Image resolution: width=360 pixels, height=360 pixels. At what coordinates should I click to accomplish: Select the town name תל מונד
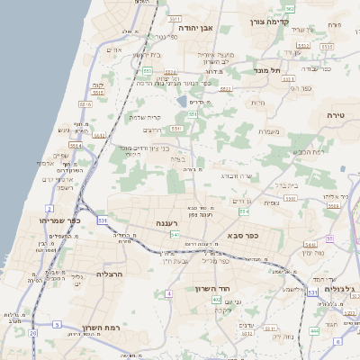(x=266, y=70)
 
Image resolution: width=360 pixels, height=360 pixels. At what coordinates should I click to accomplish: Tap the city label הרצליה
(x=115, y=274)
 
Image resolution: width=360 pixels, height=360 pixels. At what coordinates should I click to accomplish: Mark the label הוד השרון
(x=212, y=289)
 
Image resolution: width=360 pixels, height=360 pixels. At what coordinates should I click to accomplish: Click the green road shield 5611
(x=99, y=136)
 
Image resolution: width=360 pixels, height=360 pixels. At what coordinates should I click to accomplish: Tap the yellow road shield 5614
(x=76, y=145)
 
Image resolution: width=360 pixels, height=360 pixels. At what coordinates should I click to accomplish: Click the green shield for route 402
(x=217, y=299)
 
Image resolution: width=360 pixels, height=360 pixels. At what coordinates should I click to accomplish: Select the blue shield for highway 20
(x=33, y=333)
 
